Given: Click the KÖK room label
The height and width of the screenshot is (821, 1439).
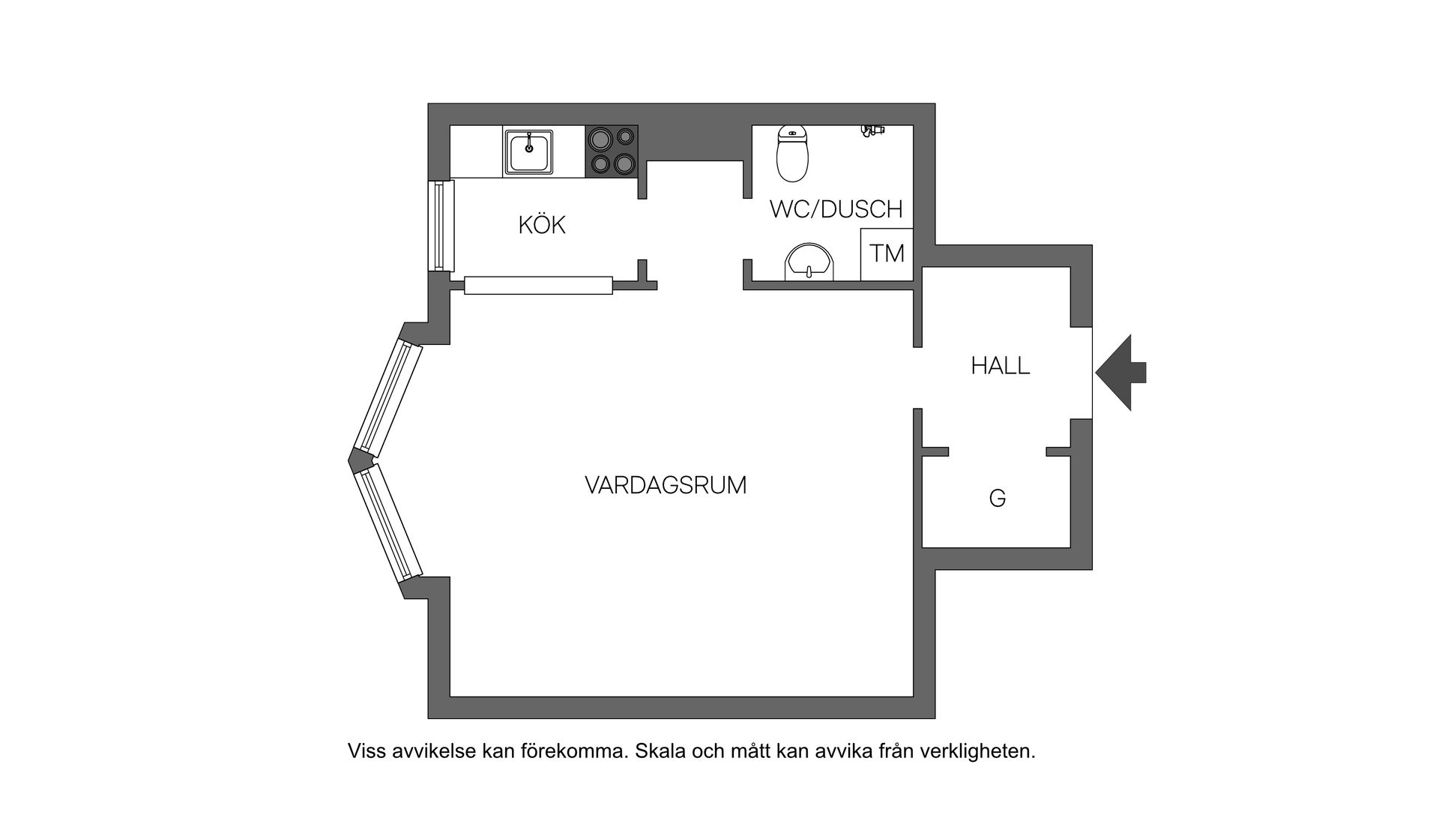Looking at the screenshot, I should coord(541,225).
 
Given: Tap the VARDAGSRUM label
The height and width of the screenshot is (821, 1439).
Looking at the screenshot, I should coord(666,486).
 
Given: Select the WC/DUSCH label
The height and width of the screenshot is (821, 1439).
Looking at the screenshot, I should coord(836,209).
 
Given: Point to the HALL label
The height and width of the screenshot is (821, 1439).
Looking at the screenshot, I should coord(1000,366).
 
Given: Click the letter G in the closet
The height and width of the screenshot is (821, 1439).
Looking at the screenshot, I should coord(997,499).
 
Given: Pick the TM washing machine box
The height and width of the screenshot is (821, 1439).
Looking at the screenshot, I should coord(887,254).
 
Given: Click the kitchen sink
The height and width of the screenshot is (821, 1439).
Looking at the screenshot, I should coord(528,152).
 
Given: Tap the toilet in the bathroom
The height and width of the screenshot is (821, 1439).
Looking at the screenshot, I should coord(792,154).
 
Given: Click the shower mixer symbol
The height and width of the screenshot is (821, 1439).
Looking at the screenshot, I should coord(871,130).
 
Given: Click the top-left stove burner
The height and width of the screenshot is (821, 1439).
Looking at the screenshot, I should coord(600,138).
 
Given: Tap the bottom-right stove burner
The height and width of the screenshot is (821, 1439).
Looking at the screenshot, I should coord(624,163).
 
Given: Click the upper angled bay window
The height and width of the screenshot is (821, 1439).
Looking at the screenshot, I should coord(388,399).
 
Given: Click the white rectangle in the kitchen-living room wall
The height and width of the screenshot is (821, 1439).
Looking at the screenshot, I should coord(538,286).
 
